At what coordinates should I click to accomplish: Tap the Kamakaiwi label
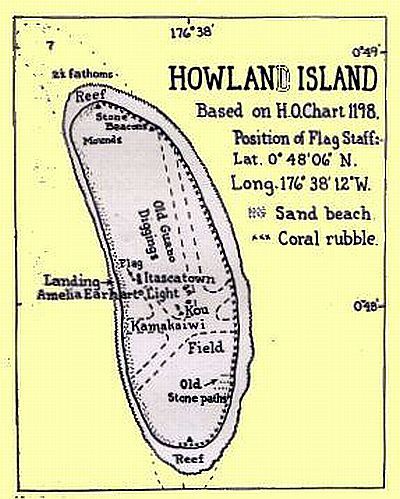point(150,326)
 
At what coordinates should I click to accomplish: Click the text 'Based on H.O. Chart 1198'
point(276,110)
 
